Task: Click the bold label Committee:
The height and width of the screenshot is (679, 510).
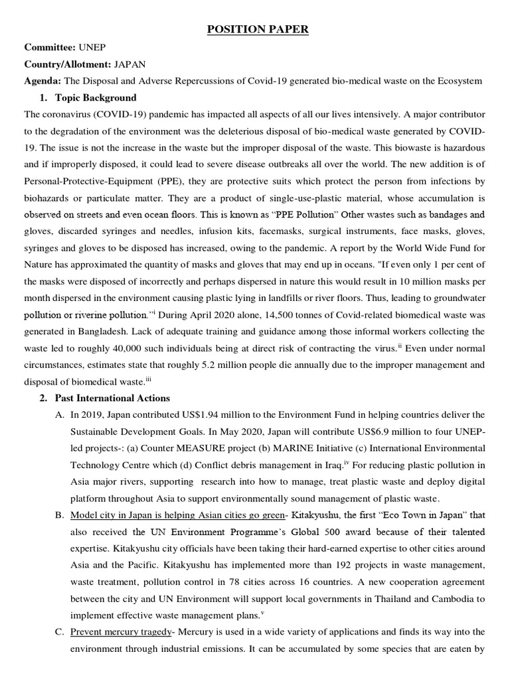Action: click(50, 47)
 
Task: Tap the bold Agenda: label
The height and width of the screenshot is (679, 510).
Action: click(42, 81)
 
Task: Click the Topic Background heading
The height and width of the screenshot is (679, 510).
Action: click(96, 97)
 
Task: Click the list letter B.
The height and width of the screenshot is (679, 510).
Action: click(59, 515)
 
